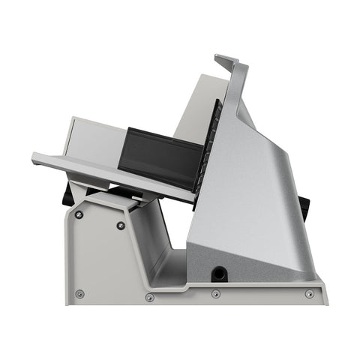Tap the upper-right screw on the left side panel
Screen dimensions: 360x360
(x=121, y=225)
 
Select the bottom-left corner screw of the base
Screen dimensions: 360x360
(x=80, y=293)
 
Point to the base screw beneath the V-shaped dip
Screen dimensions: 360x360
(x=149, y=298)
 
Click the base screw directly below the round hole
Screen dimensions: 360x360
(x=216, y=293)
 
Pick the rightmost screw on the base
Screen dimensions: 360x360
(x=309, y=293)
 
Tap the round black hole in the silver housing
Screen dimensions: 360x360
(x=220, y=273)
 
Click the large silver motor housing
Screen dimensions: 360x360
(x=255, y=202)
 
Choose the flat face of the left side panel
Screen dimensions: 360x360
(x=101, y=259)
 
